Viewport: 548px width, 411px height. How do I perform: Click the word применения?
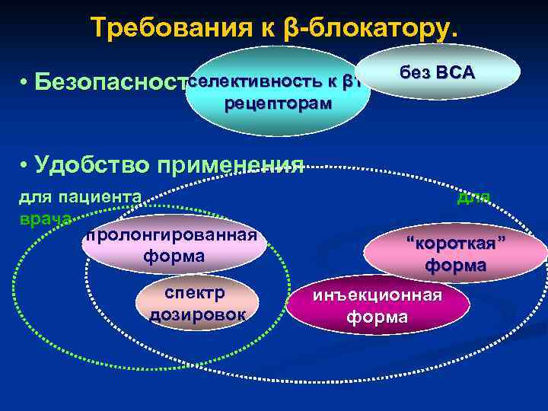(244, 165)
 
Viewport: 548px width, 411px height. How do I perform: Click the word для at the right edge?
(473, 197)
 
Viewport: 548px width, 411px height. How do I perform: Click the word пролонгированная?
(171, 234)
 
